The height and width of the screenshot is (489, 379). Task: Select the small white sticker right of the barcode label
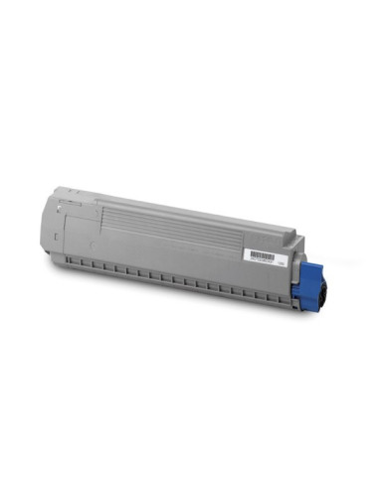(x=282, y=261)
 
